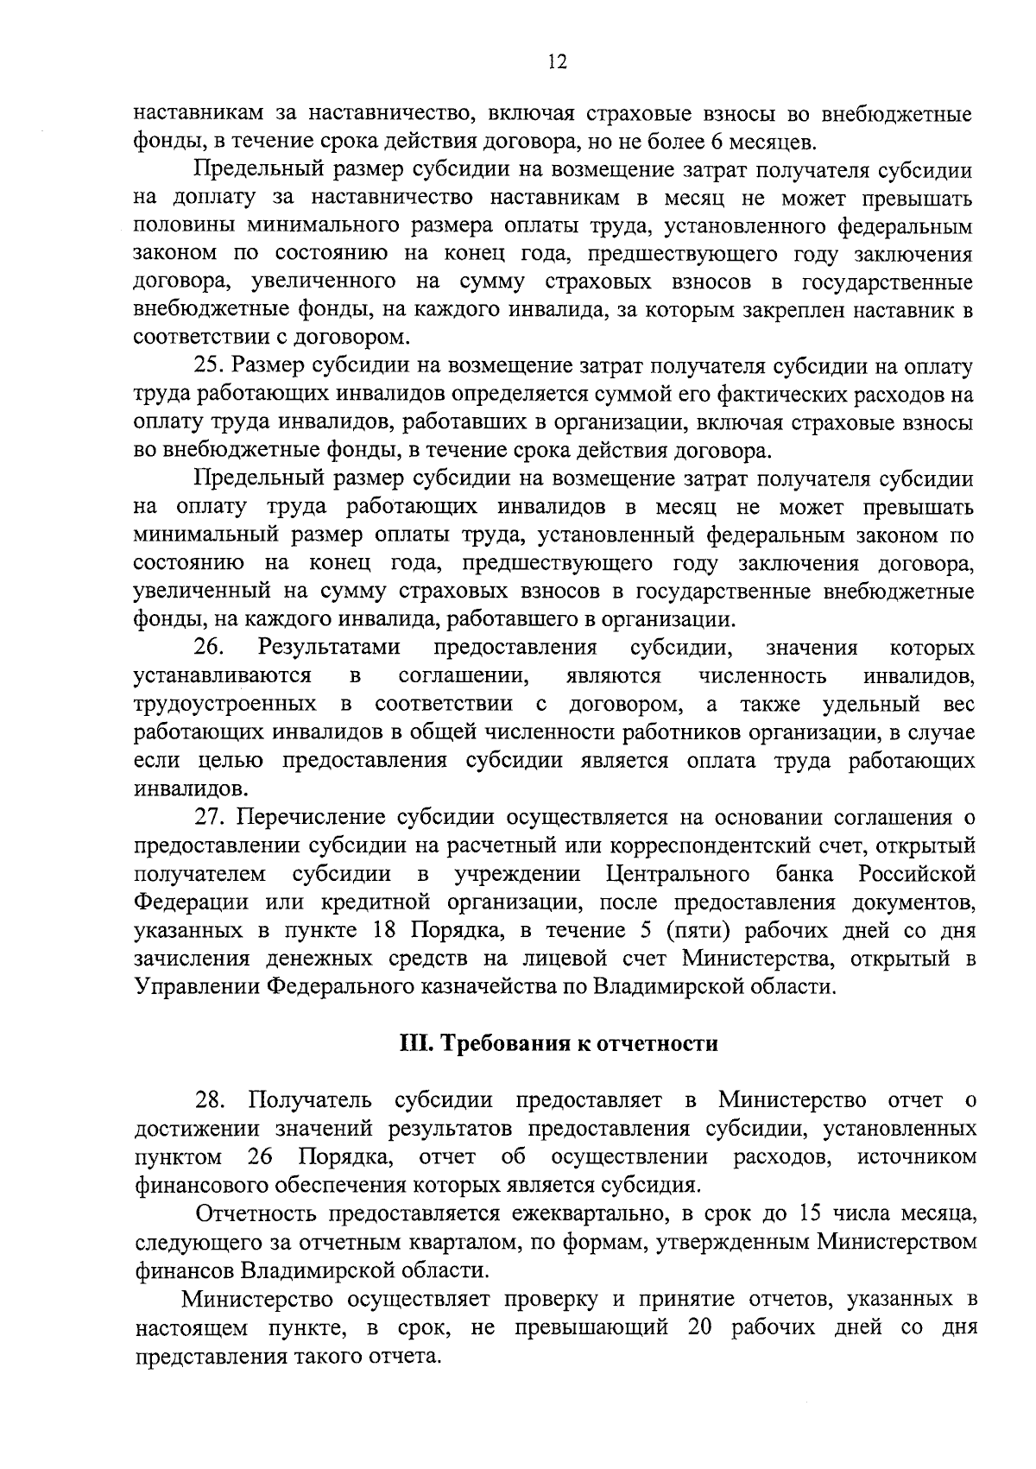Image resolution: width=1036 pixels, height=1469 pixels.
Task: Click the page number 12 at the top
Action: click(557, 60)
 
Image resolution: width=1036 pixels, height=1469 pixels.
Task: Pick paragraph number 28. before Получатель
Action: click(212, 1100)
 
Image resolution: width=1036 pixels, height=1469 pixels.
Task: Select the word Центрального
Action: click(678, 874)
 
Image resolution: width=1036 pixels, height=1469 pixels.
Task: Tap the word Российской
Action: click(917, 874)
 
